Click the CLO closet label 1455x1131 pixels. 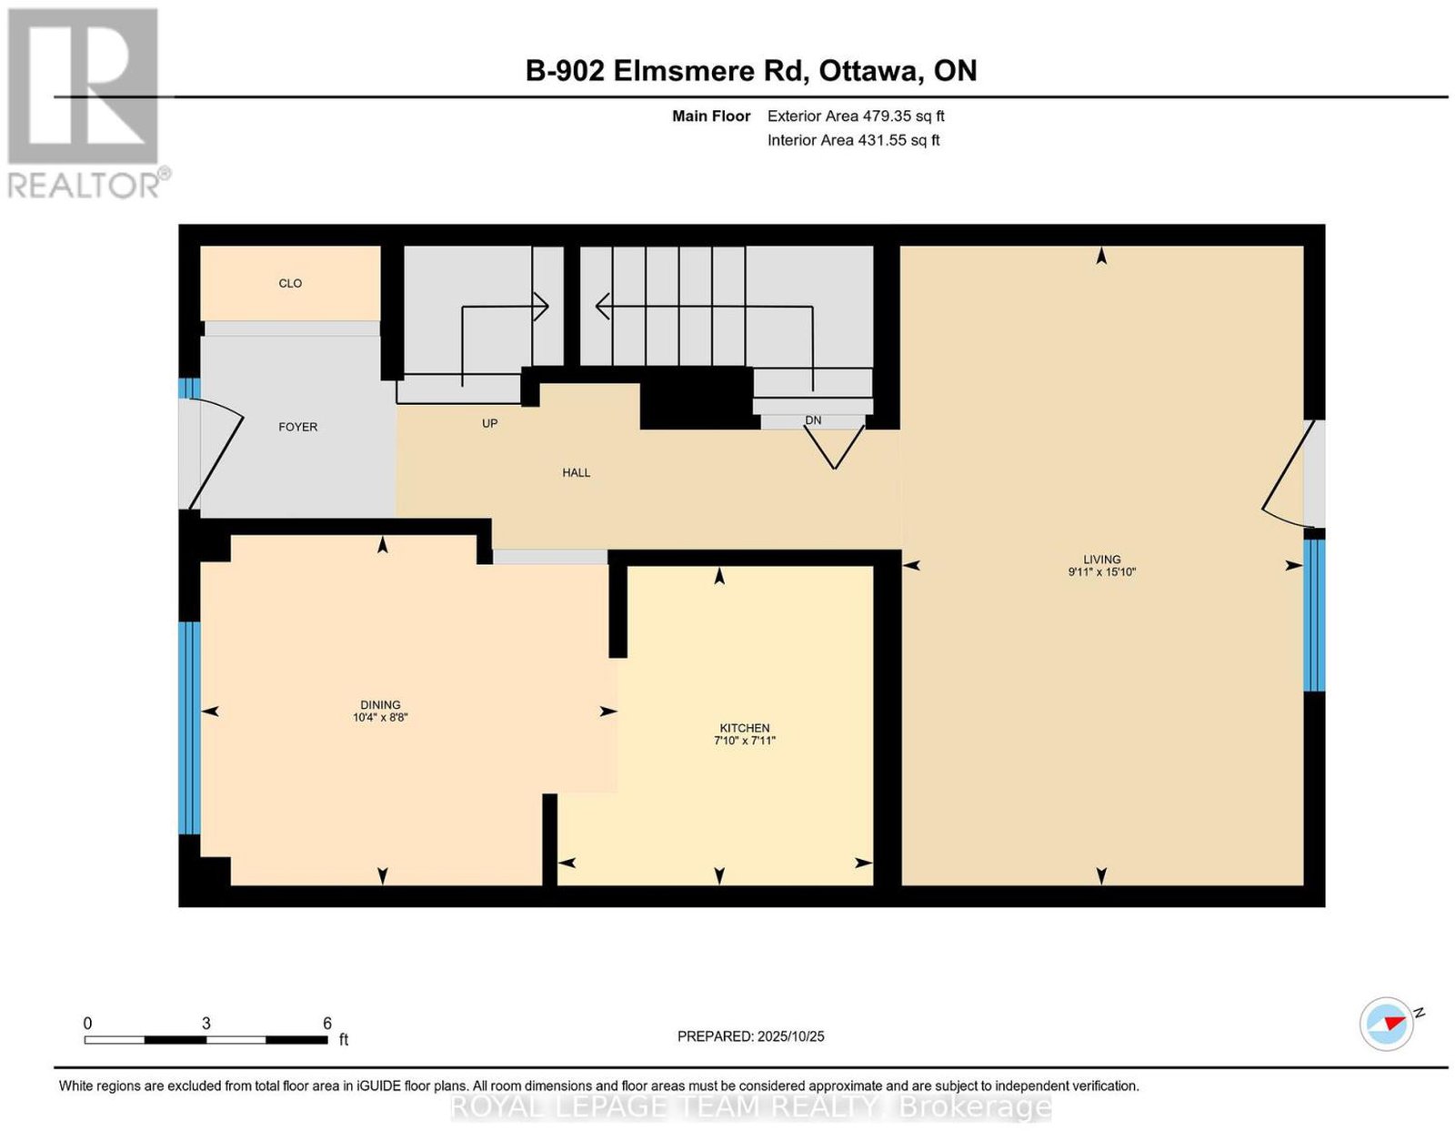[x=290, y=283]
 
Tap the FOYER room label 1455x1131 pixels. [x=298, y=427]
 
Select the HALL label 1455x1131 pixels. [x=576, y=473]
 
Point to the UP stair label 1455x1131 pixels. [x=489, y=423]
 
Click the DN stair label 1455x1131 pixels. [x=813, y=420]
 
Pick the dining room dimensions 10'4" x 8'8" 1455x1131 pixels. [x=380, y=717]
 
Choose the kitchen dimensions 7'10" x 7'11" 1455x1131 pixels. [x=745, y=741]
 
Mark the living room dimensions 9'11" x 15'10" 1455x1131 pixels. [x=1101, y=571]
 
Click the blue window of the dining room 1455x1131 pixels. [x=189, y=728]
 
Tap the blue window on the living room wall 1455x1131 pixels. [x=1314, y=615]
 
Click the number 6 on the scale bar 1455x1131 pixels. [x=326, y=1024]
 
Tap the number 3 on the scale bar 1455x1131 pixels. [x=206, y=1024]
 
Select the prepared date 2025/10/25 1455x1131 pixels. [x=791, y=1036]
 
